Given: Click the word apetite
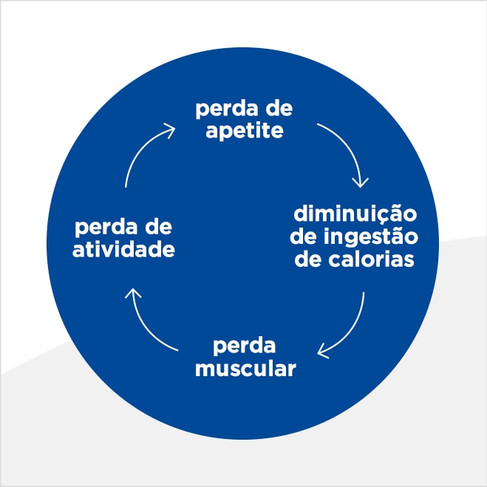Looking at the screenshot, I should [245, 133].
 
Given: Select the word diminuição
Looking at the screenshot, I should [356, 215].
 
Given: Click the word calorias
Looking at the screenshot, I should [372, 260].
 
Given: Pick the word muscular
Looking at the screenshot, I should [245, 368].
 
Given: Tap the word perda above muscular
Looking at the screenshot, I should [245, 346].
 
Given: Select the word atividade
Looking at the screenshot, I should [123, 249].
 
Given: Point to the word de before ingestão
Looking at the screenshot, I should [304, 237].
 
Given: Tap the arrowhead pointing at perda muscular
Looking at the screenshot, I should [324, 349].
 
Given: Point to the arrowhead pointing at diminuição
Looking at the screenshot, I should [361, 180].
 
